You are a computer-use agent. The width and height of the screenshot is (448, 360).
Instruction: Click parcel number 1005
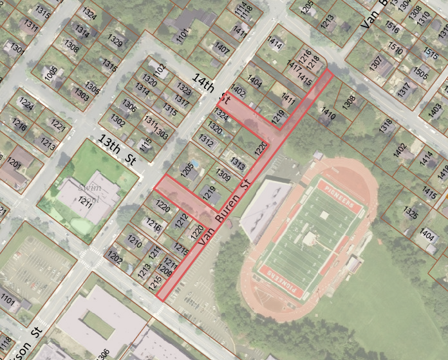pyautogui.click(x=51, y=73)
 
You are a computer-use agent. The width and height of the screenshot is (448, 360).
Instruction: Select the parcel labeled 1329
pyautogui.click(x=115, y=43)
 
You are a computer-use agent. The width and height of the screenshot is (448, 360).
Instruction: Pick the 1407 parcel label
pyautogui.click(x=222, y=48)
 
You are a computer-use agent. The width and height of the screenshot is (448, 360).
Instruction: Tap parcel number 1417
pyautogui.click(x=295, y=66)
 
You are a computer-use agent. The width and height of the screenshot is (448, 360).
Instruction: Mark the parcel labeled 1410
pyautogui.click(x=328, y=115)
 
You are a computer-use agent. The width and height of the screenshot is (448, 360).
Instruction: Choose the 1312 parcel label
pyautogui.click(x=206, y=139)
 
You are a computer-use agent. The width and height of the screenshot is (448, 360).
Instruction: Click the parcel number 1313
pyautogui.click(x=238, y=164)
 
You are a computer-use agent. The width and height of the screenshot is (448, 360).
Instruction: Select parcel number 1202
pyautogui.click(x=115, y=259)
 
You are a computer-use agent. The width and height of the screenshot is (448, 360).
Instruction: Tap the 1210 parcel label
pyautogui.click(x=134, y=242)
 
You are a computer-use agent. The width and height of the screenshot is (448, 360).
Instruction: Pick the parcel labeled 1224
pyautogui.click(x=26, y=103)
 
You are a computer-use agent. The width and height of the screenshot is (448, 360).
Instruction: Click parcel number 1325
pyautogui.click(x=410, y=211)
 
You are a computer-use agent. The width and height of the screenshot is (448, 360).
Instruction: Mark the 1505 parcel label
pyautogui.click(x=421, y=72)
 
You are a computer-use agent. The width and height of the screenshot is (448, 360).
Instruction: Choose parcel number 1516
pyautogui.click(x=392, y=30)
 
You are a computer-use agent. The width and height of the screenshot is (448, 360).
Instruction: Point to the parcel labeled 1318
pyautogui.click(x=386, y=126)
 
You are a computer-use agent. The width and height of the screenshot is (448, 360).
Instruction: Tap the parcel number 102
pyautogui.click(x=160, y=68)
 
